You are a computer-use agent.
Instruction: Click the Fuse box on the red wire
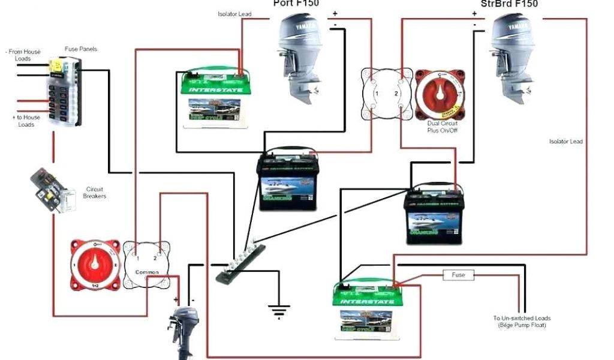[458, 275]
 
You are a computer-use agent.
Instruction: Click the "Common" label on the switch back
[146, 272]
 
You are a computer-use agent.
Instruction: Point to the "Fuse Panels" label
[80, 49]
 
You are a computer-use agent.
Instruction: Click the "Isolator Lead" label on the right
[565, 142]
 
